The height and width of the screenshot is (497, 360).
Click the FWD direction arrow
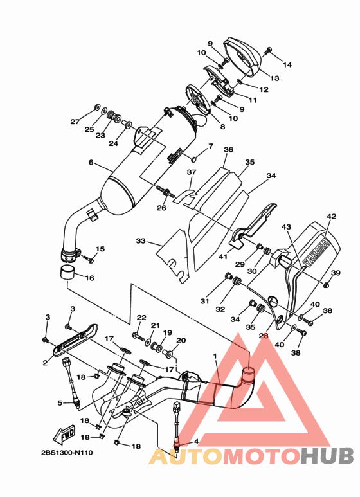coord(64,433)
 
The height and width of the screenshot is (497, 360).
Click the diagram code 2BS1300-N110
coord(67,453)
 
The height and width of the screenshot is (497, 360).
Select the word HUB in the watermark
coord(327,456)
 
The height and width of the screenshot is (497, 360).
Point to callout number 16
coord(90,278)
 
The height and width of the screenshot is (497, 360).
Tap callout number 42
coord(332,217)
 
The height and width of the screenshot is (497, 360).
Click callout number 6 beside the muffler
coord(91,162)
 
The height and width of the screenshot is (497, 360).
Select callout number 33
coord(140,241)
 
